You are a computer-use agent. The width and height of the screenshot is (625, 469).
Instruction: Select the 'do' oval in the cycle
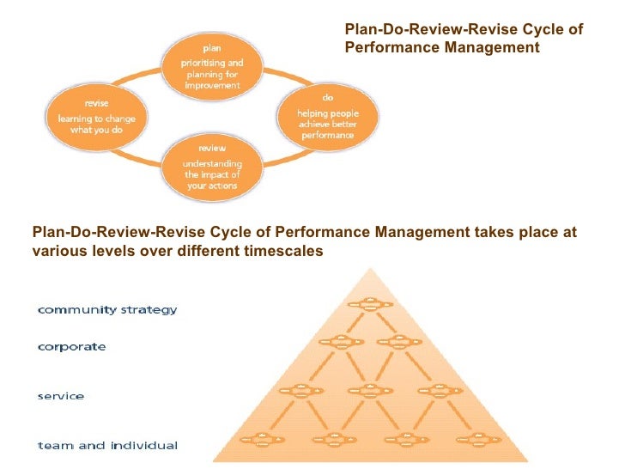(x=327, y=119)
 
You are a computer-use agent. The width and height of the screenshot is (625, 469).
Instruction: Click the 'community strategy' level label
(x=107, y=309)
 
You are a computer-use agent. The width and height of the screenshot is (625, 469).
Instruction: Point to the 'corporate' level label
(x=71, y=347)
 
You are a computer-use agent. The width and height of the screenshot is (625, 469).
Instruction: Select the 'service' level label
(x=60, y=396)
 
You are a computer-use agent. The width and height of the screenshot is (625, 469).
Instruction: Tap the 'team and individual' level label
(x=107, y=445)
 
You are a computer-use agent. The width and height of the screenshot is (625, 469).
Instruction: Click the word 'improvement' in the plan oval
(x=211, y=85)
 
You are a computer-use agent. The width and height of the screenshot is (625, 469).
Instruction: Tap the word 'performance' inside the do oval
(x=327, y=136)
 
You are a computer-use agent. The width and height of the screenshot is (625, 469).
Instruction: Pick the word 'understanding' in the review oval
(x=212, y=164)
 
